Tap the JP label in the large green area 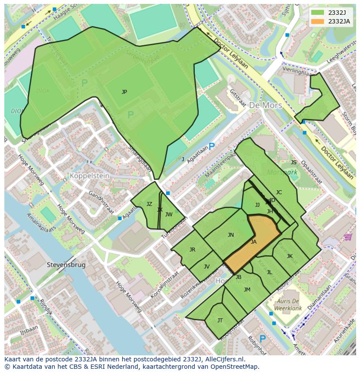(x=124, y=92)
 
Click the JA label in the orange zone (x=253, y=242)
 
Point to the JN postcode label (x=231, y=235)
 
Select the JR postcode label (x=192, y=250)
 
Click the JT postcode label (x=220, y=321)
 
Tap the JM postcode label (x=247, y=290)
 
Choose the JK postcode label (x=290, y=256)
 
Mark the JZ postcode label (x=149, y=204)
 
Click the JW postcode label (x=169, y=215)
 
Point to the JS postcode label (x=293, y=162)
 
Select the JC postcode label (x=279, y=192)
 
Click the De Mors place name (x=265, y=106)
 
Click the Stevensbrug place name (x=66, y=265)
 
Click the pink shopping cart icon (x=347, y=237)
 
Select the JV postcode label (x=207, y=267)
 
